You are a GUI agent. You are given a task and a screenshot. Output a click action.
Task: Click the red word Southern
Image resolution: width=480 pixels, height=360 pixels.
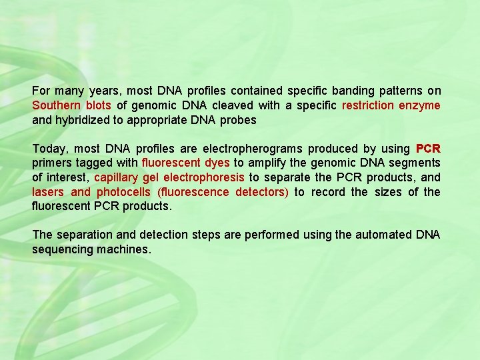point(57,105)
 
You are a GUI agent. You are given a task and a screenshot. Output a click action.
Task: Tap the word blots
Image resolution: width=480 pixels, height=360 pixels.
point(99,105)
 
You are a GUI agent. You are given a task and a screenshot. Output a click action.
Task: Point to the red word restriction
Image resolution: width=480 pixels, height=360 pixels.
point(368,105)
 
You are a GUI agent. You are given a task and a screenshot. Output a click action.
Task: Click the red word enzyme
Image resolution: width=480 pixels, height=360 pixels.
point(420,105)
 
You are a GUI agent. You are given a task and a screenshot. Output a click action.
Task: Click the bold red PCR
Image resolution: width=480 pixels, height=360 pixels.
point(428,148)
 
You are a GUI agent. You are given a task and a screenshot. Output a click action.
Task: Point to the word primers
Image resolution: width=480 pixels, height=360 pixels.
point(51,163)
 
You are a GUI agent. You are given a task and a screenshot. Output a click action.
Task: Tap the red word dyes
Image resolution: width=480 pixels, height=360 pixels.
point(215,163)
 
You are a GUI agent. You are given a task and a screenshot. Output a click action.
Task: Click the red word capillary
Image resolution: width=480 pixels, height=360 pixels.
point(117,177)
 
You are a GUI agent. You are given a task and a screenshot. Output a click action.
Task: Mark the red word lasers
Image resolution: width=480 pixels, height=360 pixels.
point(48,192)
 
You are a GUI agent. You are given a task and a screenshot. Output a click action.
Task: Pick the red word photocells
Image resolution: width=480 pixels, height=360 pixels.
point(123,192)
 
